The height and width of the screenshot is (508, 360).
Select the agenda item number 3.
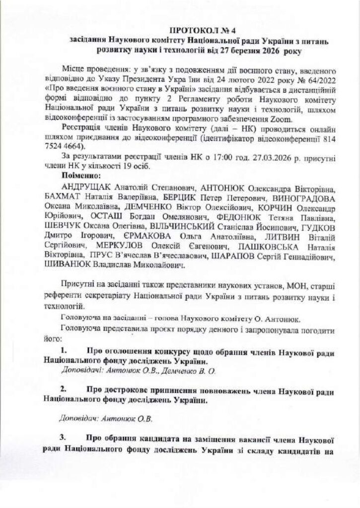pyautogui.click(x=64, y=439)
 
